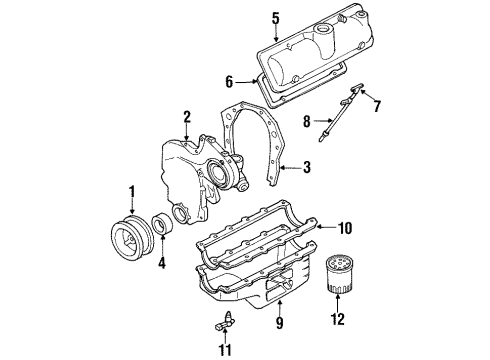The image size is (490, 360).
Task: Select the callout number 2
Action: pos(186,118)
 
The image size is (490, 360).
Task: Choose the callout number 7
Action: pos(377,105)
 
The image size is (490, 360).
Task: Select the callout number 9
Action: pos(279,324)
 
